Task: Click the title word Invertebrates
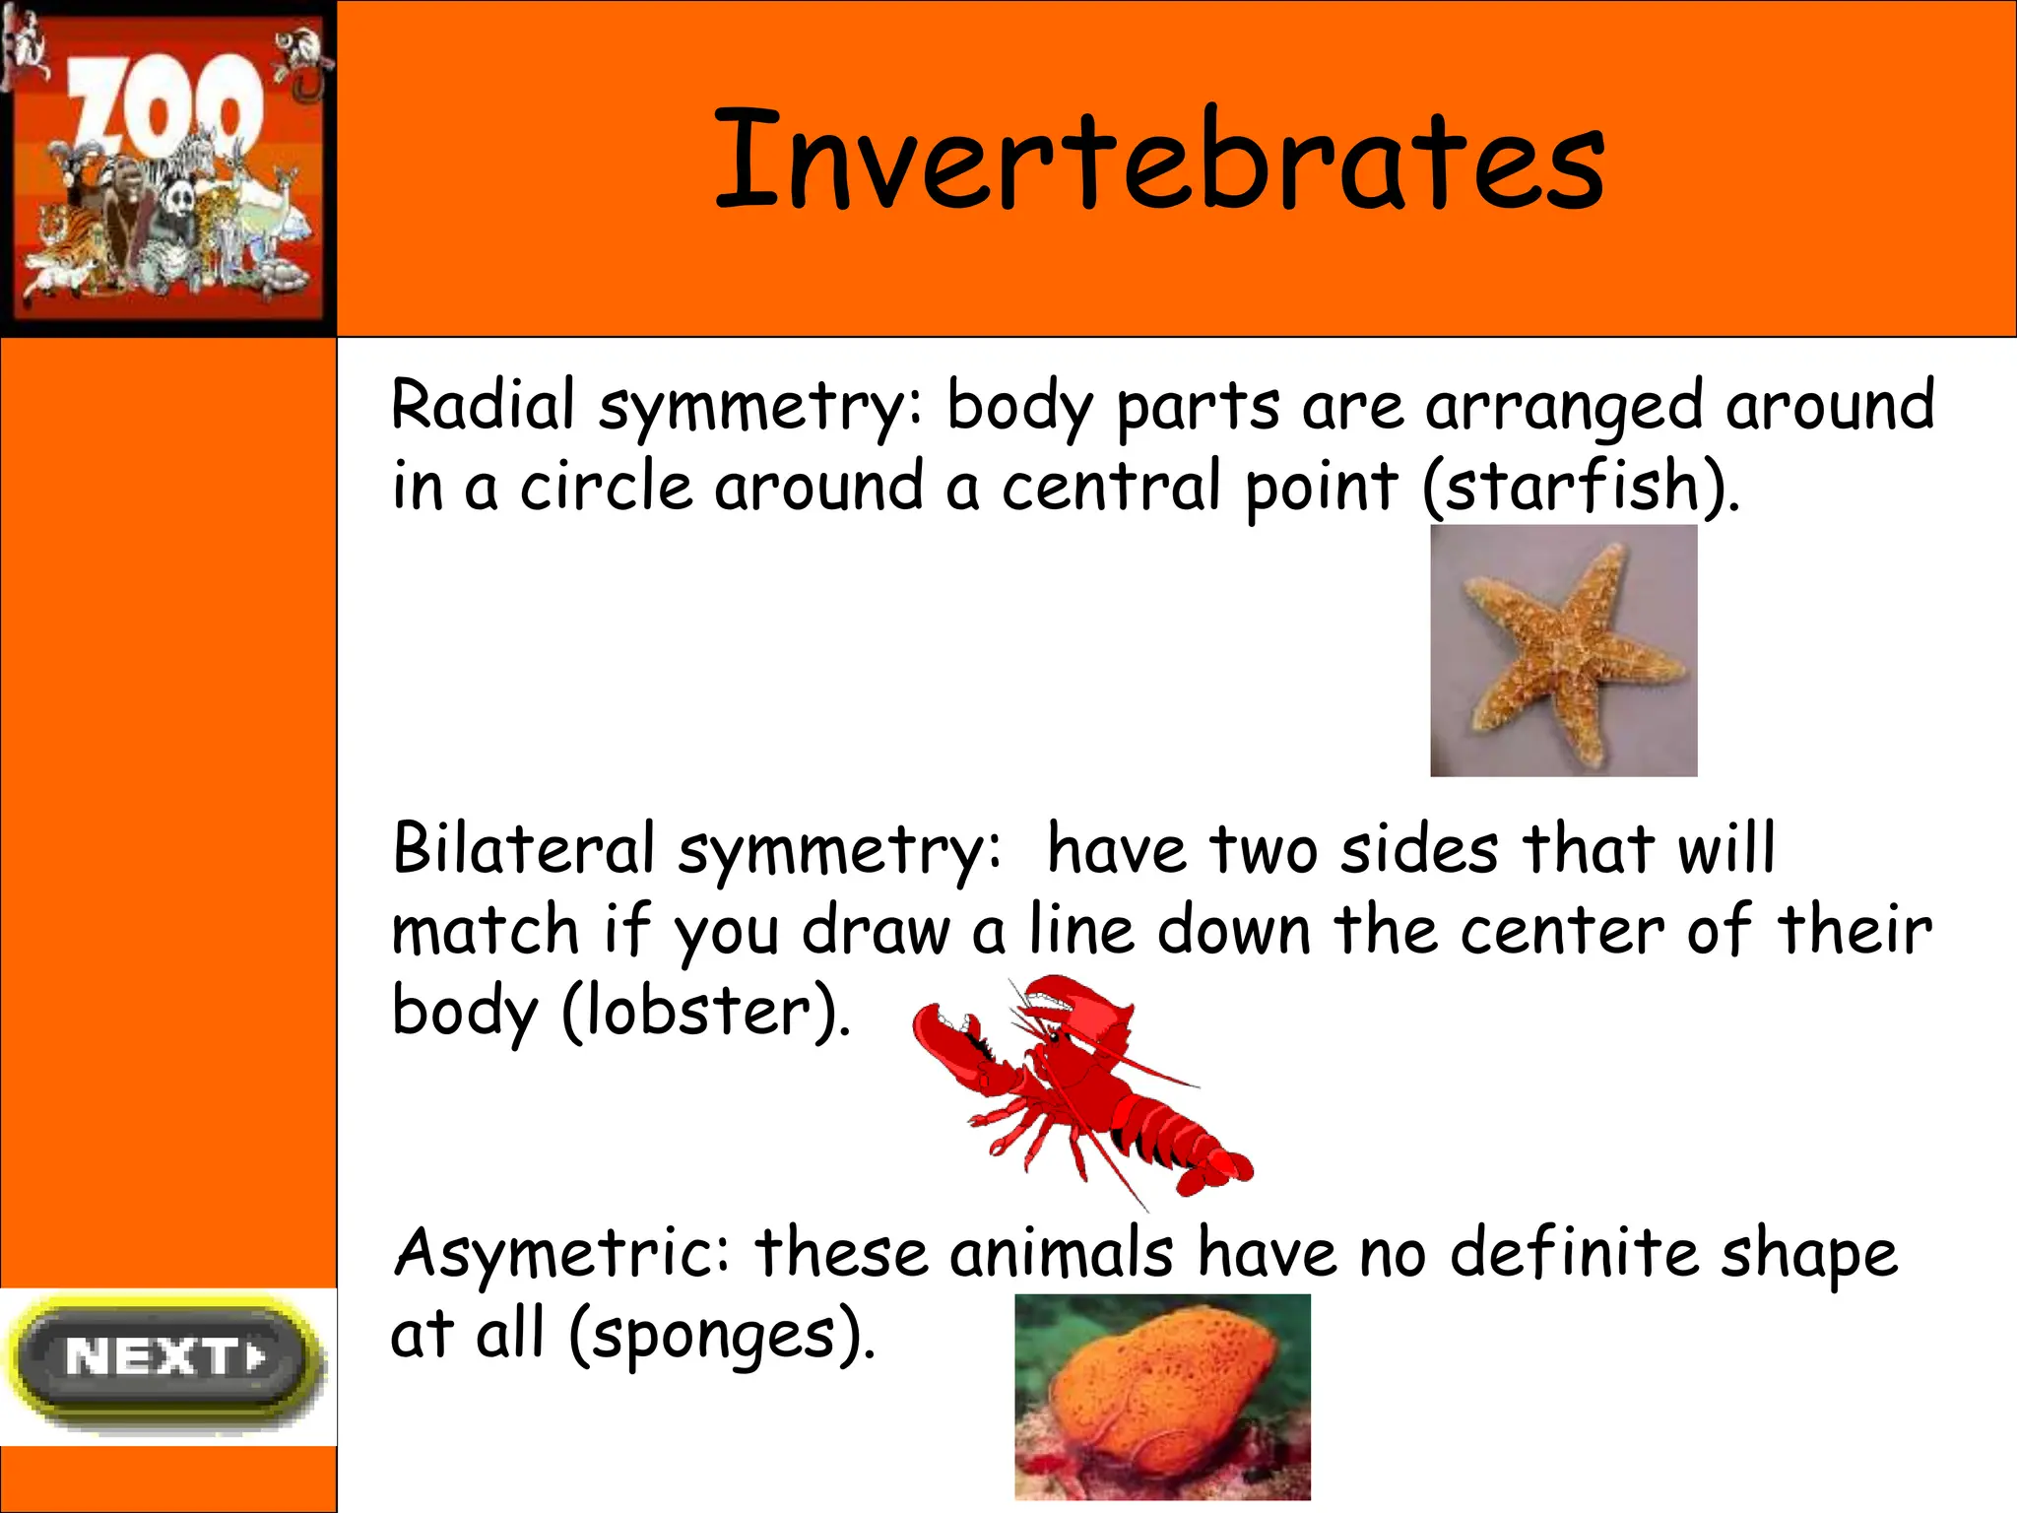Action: (x=1158, y=161)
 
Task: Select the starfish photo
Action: (x=1563, y=650)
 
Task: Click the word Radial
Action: (x=483, y=406)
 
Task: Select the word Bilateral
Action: (x=523, y=849)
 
